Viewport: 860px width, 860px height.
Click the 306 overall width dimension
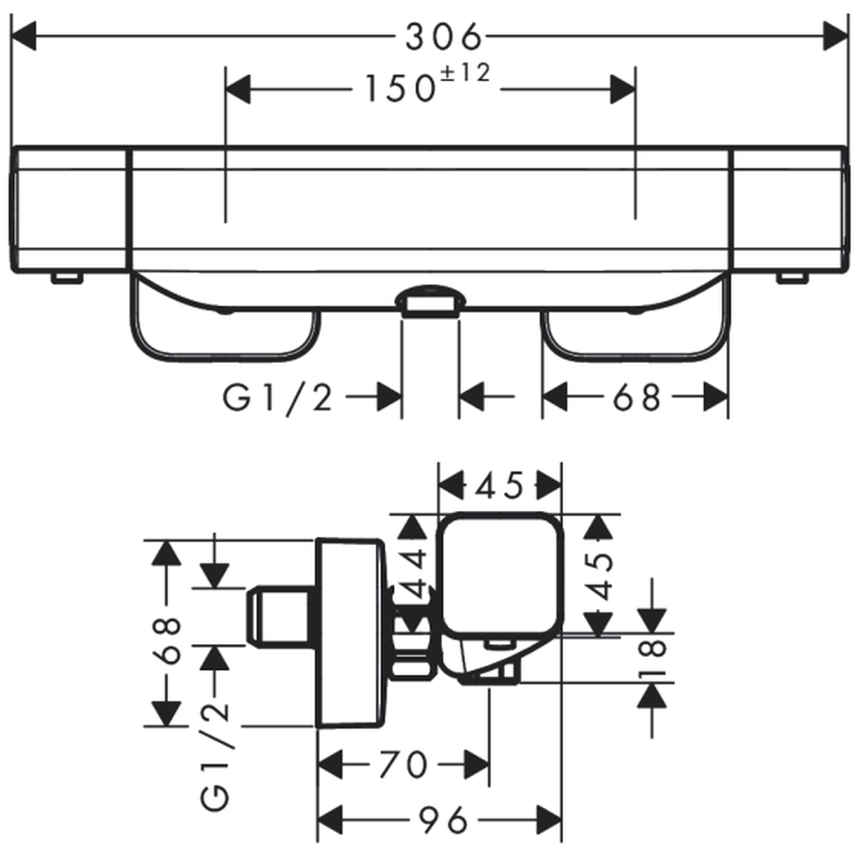click(442, 36)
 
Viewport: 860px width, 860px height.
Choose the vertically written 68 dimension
click(172, 641)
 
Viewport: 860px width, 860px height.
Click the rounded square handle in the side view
click(502, 573)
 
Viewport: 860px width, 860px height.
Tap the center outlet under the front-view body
click(431, 302)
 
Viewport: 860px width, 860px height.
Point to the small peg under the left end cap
click(67, 278)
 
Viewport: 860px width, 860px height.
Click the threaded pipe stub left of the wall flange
click(280, 617)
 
